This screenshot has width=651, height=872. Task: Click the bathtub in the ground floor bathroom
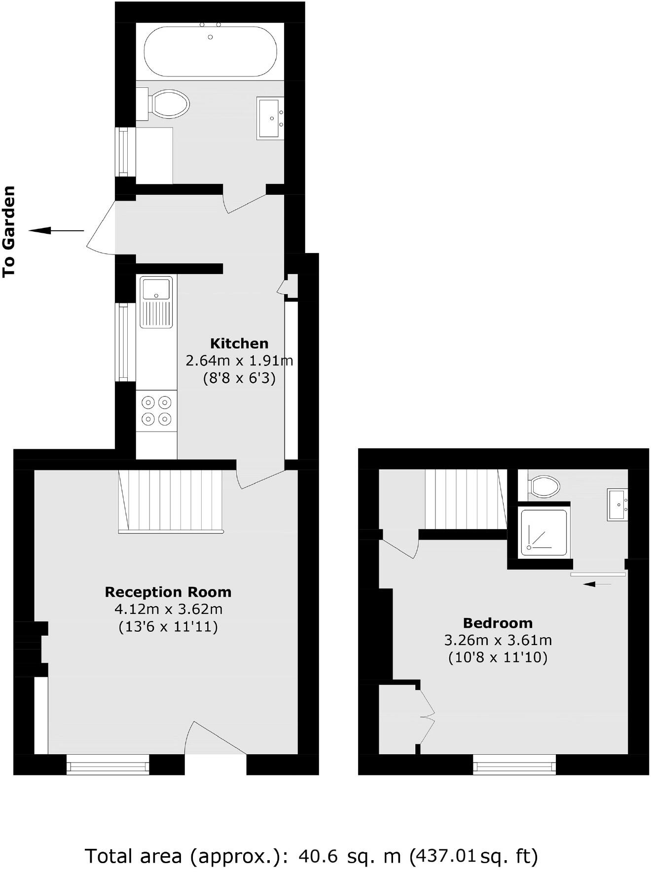pyautogui.click(x=210, y=51)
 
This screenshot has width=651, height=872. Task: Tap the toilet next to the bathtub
pyautogui.click(x=168, y=104)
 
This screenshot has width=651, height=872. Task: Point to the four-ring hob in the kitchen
pyautogui.click(x=156, y=411)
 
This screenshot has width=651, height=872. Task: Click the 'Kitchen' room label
pyautogui.click(x=239, y=343)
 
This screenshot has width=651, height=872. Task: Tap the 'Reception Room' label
pyautogui.click(x=168, y=592)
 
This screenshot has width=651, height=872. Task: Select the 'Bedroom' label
pyautogui.click(x=498, y=623)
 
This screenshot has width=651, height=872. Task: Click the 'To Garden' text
pyautogui.click(x=9, y=231)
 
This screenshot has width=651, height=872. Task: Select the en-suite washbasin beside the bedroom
pyautogui.click(x=617, y=504)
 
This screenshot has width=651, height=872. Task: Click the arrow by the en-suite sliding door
pyautogui.click(x=597, y=584)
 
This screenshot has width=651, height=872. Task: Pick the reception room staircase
pyautogui.click(x=171, y=501)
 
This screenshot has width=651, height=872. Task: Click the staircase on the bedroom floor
pyautogui.click(x=466, y=499)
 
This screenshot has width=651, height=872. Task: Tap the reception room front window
pyautogui.click(x=108, y=766)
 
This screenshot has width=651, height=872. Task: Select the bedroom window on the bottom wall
pyautogui.click(x=514, y=766)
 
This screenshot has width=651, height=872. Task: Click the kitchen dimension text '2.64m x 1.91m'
pyautogui.click(x=239, y=361)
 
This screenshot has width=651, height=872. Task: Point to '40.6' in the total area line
pyautogui.click(x=319, y=856)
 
